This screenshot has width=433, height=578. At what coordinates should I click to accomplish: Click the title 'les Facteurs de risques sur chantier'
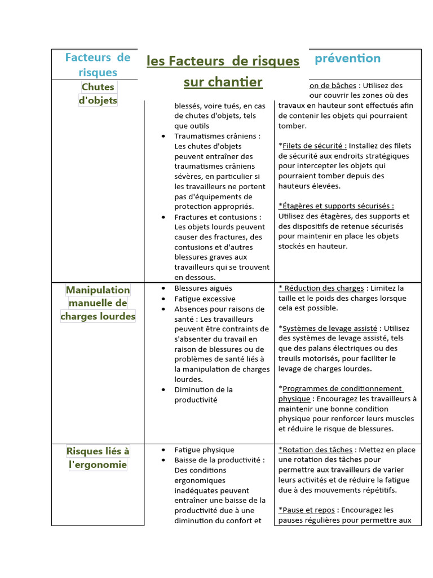click(x=223, y=71)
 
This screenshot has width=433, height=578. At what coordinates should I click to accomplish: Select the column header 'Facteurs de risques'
click(x=98, y=65)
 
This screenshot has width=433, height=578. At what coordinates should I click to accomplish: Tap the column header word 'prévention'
click(x=347, y=58)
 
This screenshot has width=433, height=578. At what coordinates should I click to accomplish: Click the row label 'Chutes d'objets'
click(x=98, y=94)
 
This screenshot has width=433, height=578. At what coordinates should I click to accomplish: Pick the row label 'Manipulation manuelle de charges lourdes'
click(x=98, y=303)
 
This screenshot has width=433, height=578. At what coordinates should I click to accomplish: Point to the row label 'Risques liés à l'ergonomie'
click(x=98, y=458)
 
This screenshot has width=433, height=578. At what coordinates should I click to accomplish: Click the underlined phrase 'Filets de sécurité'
click(x=314, y=146)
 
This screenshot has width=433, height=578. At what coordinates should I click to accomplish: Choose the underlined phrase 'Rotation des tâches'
click(x=316, y=450)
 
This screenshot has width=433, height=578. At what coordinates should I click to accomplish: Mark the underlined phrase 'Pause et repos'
click(x=309, y=510)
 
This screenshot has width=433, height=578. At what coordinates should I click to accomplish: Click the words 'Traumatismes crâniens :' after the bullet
click(x=217, y=136)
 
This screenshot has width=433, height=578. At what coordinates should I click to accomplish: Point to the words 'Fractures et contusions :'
click(x=218, y=217)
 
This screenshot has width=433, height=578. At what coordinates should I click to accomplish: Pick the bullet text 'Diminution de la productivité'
click(x=203, y=395)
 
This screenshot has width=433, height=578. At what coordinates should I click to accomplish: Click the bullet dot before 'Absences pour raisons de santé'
click(x=164, y=309)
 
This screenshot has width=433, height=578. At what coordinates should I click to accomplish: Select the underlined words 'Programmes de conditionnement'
click(x=342, y=388)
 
